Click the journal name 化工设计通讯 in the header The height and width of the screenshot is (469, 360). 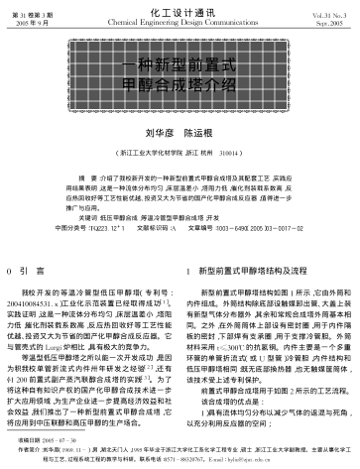click(x=179, y=9)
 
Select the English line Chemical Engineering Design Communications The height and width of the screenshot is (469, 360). click(x=179, y=20)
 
